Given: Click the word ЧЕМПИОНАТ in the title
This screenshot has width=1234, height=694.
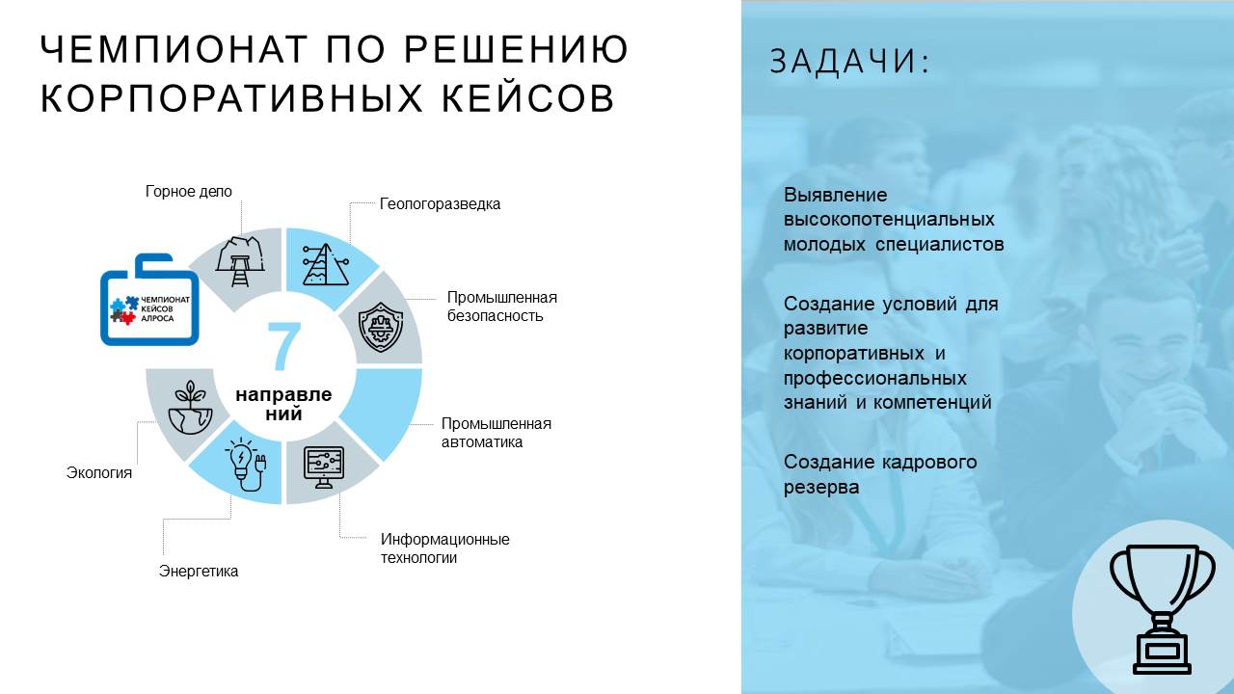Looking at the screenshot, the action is point(174,49).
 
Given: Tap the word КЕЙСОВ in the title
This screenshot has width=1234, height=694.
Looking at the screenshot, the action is point(528,98).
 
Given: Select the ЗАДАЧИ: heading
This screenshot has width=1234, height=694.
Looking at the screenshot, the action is point(849,61).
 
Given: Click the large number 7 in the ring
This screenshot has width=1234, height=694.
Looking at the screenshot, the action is point(284,345).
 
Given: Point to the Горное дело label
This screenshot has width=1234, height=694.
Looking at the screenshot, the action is point(188,191).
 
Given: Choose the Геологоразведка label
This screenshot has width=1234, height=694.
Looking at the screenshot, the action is point(440,203).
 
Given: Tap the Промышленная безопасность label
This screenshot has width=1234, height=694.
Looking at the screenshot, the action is point(502,307).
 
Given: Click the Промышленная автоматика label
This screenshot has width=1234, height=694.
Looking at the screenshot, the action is point(496,433).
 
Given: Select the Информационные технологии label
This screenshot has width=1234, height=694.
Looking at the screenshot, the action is point(444,548).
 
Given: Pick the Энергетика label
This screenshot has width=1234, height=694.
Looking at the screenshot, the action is point(199,572).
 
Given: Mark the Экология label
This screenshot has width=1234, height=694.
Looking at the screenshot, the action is point(99,472).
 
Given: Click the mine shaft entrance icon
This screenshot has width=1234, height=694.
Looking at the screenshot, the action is point(240,261).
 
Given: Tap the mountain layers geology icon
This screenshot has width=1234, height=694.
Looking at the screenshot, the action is point(326,264).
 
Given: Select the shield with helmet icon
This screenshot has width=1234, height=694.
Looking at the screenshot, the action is point(381,327).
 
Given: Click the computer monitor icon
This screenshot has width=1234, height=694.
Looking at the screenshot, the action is point(324,467).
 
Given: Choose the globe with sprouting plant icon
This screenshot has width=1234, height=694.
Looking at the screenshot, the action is point(191,408).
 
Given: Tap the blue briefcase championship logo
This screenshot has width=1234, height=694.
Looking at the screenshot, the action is point(149,300).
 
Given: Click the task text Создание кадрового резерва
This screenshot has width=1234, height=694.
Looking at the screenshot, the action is point(880,474).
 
